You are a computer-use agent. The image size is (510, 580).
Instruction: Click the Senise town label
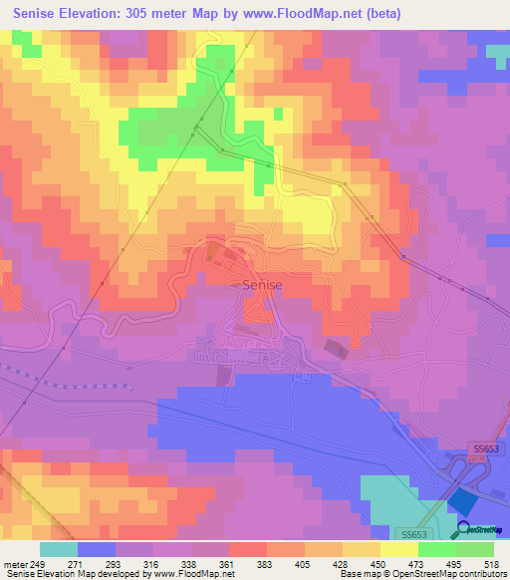pyautogui.click(x=262, y=285)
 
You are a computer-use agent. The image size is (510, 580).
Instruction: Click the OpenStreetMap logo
pyautogui.click(x=480, y=529)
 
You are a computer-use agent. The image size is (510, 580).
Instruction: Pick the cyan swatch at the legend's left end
pyautogui.click(x=58, y=549)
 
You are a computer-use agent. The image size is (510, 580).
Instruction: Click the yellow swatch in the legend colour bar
pyautogui.click(x=398, y=549)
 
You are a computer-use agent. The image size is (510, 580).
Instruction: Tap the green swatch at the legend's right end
pyautogui.click(x=474, y=549)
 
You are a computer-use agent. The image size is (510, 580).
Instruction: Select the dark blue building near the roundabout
pyautogui.click(x=462, y=500)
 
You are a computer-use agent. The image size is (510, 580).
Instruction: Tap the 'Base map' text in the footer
pyautogui.click(x=357, y=574)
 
